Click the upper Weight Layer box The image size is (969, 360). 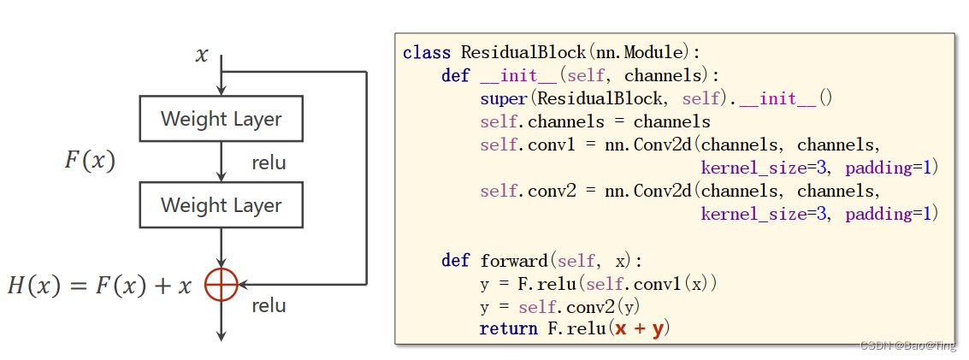coord(221,118)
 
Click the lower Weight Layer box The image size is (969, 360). coord(221,204)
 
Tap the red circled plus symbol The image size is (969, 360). coord(221,284)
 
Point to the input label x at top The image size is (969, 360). coord(202,56)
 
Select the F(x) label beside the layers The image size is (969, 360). coord(90,161)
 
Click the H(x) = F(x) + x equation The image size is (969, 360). coord(99,286)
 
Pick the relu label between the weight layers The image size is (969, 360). coord(269,162)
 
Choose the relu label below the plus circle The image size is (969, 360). coord(269,305)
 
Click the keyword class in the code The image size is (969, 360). coord(427,53)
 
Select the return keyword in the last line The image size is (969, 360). coord(508,328)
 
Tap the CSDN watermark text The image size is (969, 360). coord(907,346)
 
